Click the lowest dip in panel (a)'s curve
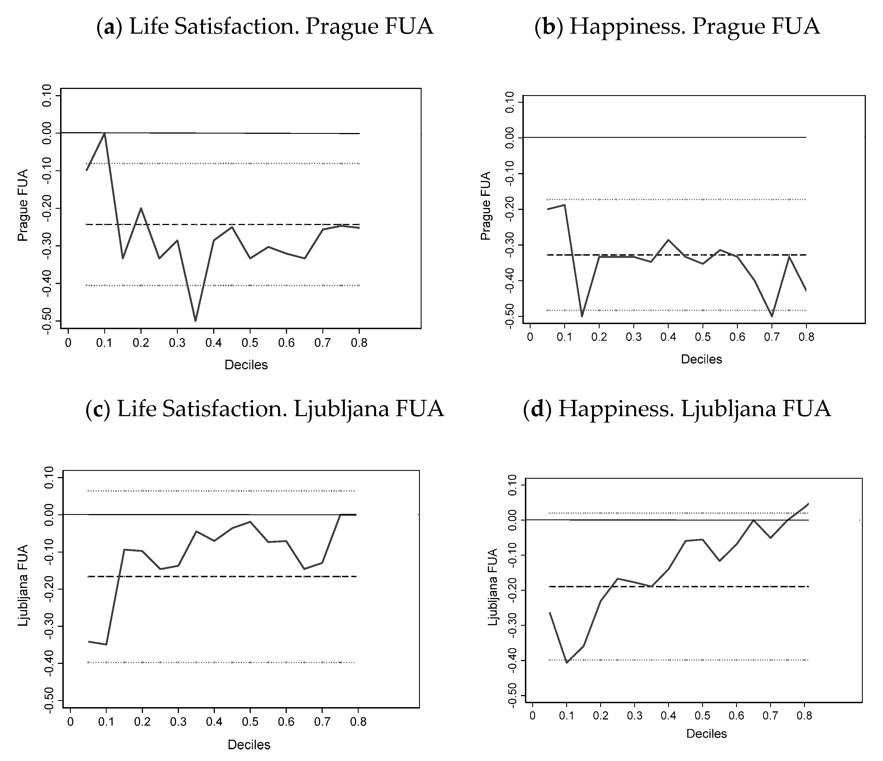[195, 321]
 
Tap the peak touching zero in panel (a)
[104, 133]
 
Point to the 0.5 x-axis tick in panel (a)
[250, 343]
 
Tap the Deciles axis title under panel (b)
[701, 359]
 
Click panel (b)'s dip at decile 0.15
[582, 316]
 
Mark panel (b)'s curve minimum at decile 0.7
[771, 316]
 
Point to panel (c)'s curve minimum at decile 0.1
[106, 644]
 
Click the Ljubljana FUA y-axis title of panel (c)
[23, 585]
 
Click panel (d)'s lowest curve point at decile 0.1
[566, 662]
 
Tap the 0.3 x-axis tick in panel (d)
[634, 716]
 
